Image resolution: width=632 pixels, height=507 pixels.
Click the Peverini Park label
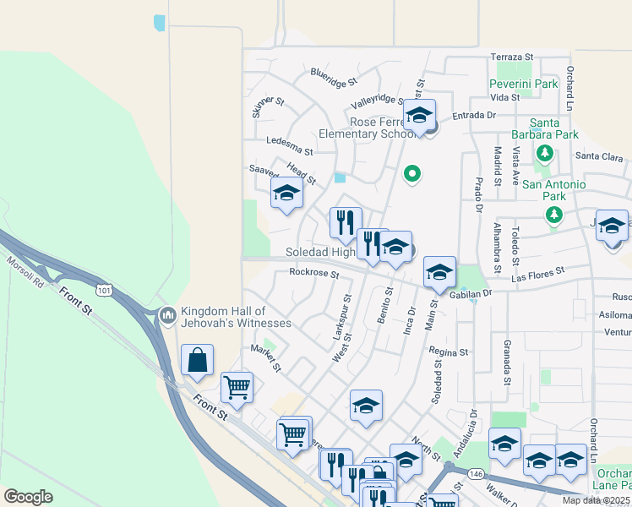tap(524, 84)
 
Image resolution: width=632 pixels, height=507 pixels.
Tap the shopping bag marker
tap(197, 360)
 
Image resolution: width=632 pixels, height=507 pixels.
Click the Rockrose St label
tap(313, 273)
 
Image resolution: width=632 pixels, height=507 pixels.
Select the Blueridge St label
tap(334, 78)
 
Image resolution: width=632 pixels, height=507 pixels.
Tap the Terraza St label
tap(513, 57)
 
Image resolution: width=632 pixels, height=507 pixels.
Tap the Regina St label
tap(448, 352)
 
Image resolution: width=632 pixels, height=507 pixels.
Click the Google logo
tap(28, 497)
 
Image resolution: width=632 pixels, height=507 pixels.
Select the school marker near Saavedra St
tap(286, 192)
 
